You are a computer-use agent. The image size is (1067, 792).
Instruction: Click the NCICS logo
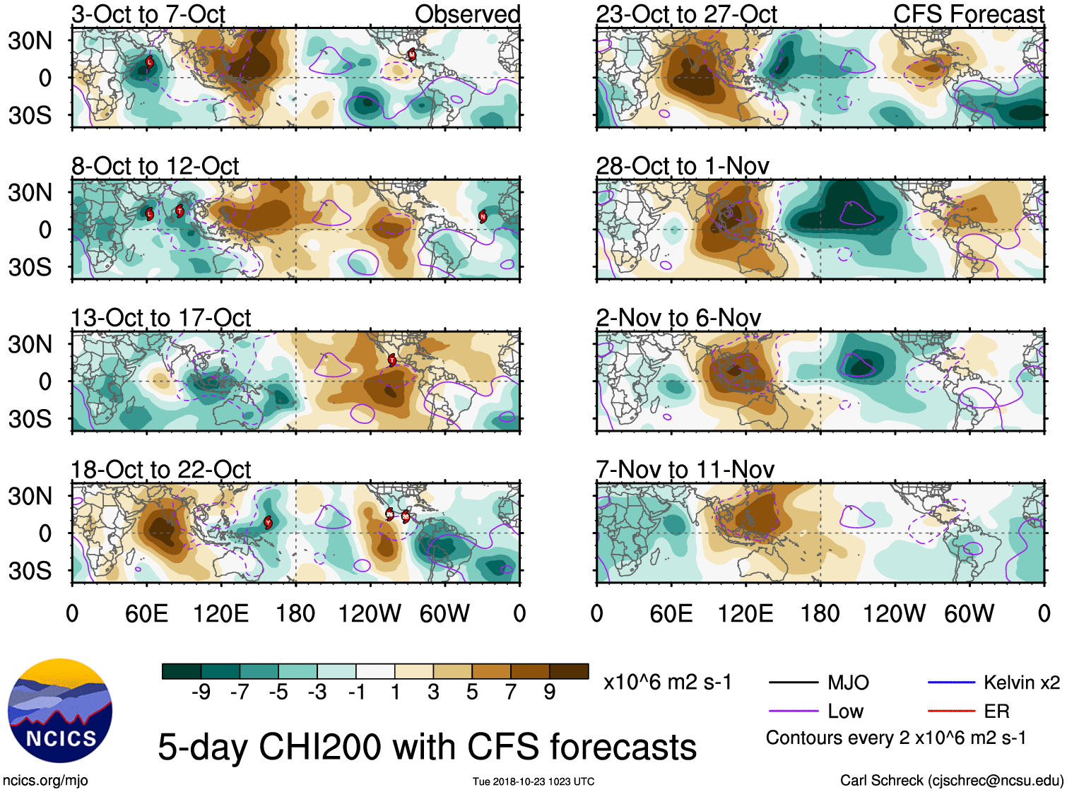60,710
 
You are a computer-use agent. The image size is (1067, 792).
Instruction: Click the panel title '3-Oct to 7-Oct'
148,14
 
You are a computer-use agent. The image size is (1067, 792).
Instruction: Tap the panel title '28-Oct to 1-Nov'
683,166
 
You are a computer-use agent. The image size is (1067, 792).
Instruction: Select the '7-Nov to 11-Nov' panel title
685,470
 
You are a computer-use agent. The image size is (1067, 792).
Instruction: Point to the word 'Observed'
467,14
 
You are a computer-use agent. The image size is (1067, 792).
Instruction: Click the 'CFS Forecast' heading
968,14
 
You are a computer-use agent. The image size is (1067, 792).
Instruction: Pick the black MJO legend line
793,682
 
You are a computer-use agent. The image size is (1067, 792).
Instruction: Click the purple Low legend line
793,711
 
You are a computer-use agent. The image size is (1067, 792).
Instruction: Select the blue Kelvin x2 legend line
951,682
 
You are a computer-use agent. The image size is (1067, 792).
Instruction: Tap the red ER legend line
951,711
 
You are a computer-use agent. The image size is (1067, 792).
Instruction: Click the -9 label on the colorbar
201,692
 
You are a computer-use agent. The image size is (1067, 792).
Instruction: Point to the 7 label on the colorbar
511,692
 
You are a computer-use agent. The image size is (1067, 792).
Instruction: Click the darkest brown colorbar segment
569,671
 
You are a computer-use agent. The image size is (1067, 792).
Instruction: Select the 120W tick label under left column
370,613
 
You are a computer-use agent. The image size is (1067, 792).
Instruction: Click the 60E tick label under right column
671,613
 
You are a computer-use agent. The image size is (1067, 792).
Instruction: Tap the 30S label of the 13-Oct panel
30,419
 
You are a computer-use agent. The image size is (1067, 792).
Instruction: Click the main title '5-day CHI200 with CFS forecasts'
427,747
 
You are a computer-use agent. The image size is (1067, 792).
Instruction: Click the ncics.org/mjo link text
45,781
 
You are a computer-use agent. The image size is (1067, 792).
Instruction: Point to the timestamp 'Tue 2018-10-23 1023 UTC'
533,781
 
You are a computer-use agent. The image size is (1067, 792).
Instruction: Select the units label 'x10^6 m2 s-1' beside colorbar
667,682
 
